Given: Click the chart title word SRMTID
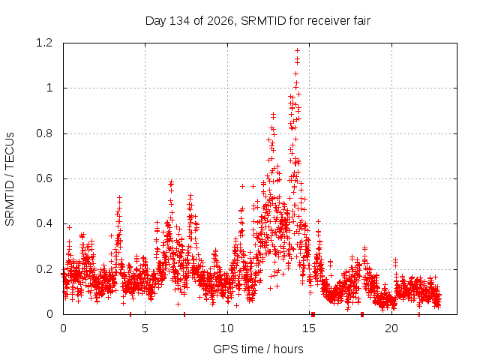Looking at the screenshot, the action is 263,21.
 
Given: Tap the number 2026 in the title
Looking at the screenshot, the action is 220,21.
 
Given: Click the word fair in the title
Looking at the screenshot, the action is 361,21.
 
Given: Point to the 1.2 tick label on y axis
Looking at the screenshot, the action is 44,43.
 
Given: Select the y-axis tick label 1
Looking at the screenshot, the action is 49,88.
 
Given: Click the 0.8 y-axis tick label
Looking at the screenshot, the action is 44,133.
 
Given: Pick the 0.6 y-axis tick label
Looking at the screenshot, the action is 44,178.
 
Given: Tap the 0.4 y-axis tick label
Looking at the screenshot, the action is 44,223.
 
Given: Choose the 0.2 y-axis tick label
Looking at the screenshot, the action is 44,269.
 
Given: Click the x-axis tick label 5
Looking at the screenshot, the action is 145,328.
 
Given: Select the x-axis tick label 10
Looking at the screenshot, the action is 227,328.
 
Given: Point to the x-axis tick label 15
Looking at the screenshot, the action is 309,328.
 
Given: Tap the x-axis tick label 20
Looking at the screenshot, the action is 391,328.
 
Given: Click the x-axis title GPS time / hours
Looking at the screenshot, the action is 258,349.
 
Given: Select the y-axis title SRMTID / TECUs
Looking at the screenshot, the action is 10,179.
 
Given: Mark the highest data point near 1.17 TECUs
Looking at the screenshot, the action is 297,50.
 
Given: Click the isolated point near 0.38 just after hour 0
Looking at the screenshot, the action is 70,227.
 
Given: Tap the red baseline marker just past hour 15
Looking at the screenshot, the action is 313,314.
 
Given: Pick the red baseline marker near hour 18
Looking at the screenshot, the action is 362,314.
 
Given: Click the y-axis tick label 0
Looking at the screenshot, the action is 49,314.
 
